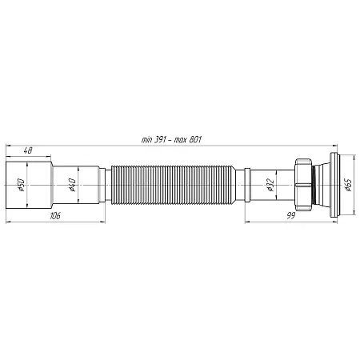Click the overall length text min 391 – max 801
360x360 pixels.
[171, 139]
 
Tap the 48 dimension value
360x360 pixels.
[28, 150]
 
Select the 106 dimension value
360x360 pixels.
[55, 215]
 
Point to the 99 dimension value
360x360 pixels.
[291, 215]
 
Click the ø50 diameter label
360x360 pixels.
[21, 185]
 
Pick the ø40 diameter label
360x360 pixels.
[72, 185]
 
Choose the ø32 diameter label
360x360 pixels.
[270, 185]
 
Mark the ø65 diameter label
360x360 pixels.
[348, 185]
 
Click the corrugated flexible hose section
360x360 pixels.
[173, 185]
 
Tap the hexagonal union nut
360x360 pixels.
[303, 185]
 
